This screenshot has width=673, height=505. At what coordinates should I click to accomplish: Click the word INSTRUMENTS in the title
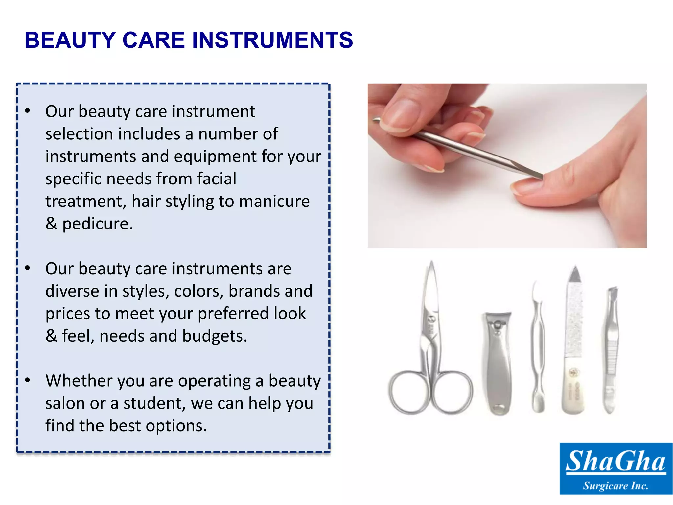click(272, 40)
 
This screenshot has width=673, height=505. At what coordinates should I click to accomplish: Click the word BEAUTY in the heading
click(70, 40)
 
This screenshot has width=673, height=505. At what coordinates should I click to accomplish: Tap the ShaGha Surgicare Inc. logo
click(615, 469)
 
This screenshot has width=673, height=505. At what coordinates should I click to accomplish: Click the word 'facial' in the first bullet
click(217, 179)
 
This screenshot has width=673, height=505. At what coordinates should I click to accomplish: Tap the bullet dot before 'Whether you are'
click(28, 380)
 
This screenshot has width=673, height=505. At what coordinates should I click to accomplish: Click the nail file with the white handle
click(574, 345)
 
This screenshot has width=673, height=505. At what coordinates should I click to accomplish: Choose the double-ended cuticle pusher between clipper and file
click(538, 349)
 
